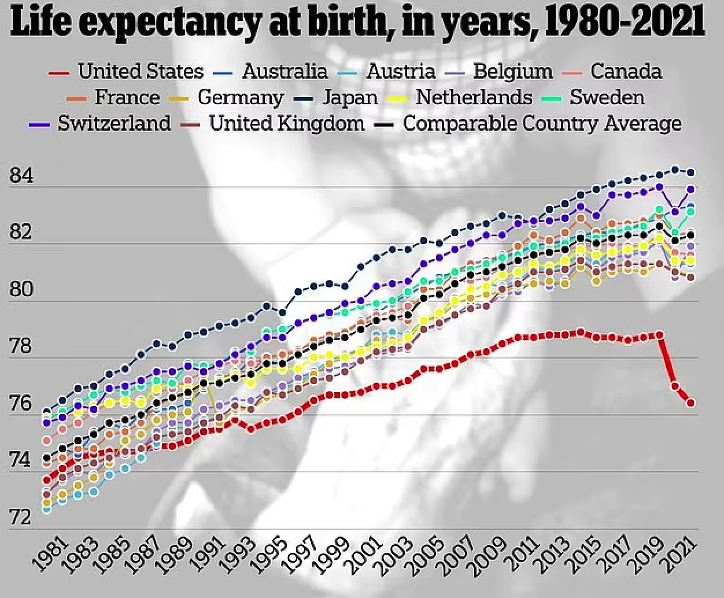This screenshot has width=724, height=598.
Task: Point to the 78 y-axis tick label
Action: [x=21, y=346]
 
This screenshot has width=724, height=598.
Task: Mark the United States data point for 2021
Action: [x=690, y=403]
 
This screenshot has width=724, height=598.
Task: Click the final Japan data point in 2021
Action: [x=690, y=172]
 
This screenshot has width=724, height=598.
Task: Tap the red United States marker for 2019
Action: [x=659, y=335]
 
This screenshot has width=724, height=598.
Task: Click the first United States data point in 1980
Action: [x=47, y=480]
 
